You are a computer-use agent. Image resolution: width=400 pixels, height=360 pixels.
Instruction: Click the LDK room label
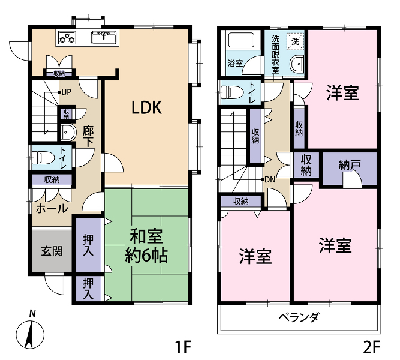tap(146, 107)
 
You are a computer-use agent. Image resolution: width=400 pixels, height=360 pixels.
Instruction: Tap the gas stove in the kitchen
tap(67, 38)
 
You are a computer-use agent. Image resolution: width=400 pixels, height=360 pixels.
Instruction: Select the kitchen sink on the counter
tap(104, 37)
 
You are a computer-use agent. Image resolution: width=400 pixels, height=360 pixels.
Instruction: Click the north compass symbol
tap(30, 331)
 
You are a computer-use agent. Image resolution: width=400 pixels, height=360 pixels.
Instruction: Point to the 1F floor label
tap(183, 347)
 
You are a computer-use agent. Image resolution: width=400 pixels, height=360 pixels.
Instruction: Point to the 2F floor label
tap(371, 347)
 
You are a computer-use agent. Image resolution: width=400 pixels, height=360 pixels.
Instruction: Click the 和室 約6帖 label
tap(146, 246)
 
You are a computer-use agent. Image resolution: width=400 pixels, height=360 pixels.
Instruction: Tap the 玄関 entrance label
tap(52, 251)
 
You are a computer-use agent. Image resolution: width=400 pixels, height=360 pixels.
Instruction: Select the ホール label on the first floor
tap(52, 209)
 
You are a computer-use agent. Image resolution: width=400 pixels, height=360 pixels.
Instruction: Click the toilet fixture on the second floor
tap(232, 92)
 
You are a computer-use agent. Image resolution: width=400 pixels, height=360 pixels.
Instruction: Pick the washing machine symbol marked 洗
tap(295, 41)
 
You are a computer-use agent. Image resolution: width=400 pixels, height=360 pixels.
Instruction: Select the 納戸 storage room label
tap(349, 165)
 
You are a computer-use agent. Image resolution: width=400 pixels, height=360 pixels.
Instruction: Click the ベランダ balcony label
tap(299, 317)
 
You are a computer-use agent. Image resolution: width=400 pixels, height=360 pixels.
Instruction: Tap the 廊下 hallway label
tap(88, 137)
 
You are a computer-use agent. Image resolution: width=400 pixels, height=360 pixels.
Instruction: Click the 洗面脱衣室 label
tap(275, 54)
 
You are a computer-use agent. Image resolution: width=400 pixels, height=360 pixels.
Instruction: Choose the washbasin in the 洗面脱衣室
tap(297, 64)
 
